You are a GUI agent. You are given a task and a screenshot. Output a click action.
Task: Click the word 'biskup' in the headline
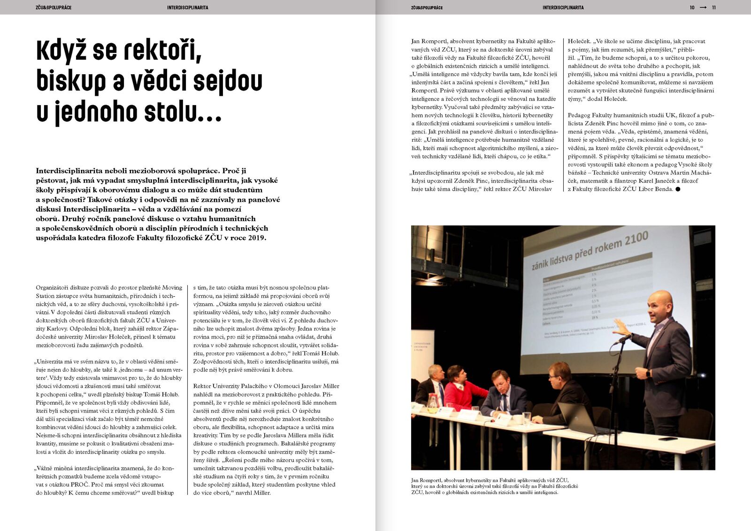coord(70,82)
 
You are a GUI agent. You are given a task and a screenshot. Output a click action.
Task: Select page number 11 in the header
coord(714,8)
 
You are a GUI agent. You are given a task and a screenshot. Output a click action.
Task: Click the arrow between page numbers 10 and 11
coord(703,8)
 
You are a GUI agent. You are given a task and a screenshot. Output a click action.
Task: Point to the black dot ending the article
coord(678,189)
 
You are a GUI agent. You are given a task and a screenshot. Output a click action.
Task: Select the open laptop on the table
coord(578,418)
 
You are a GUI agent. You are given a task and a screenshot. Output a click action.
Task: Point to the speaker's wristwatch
coord(649,373)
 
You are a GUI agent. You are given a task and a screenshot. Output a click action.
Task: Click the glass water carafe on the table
coord(432,401)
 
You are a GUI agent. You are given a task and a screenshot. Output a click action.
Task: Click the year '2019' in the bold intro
coord(257,238)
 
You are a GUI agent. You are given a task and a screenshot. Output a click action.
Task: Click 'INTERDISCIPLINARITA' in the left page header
coord(188,8)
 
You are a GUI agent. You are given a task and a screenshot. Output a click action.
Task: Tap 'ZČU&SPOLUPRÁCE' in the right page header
coord(427,8)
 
